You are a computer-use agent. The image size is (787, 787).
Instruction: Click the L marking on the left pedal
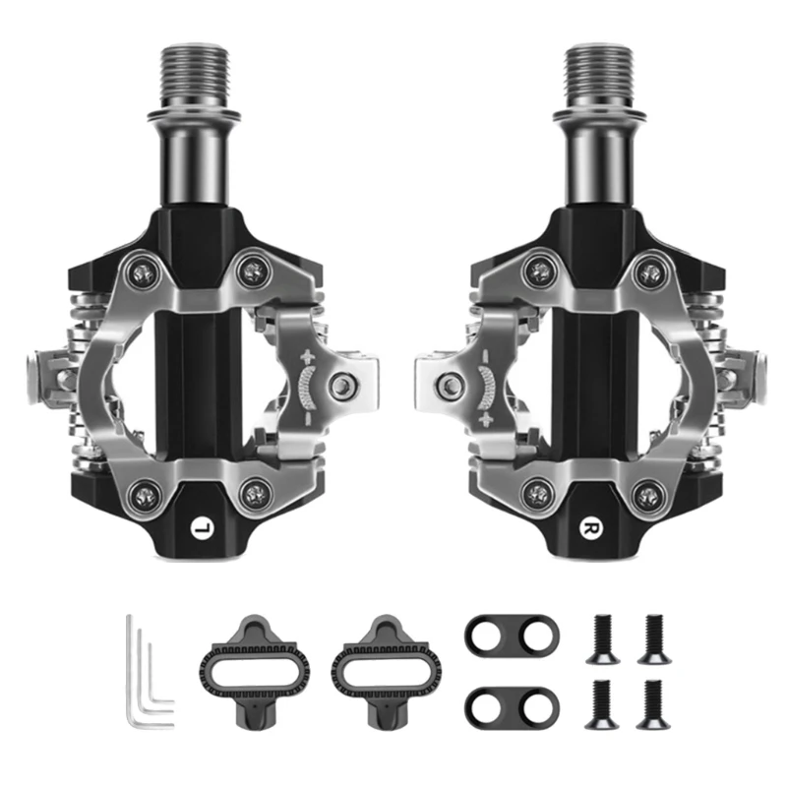tap(203, 527)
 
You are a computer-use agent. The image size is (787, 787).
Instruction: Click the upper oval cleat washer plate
tap(512, 637)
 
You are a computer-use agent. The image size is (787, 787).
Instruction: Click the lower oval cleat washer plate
tap(512, 704)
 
